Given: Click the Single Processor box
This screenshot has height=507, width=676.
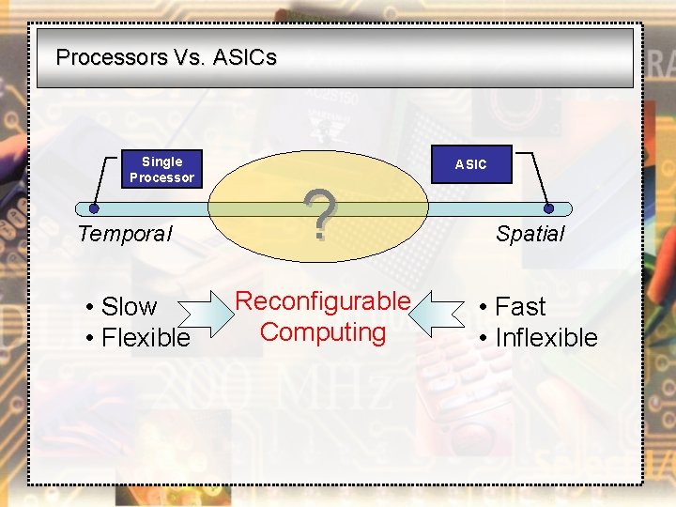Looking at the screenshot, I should tap(161, 169).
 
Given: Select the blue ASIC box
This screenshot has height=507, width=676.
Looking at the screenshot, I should tap(470, 164).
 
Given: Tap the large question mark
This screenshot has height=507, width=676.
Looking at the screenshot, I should tap(321, 215).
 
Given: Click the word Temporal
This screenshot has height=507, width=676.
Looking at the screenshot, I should tap(125, 234).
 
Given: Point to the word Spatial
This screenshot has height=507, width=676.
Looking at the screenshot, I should tap(530, 234).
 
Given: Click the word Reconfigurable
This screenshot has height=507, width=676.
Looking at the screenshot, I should tap(323, 301).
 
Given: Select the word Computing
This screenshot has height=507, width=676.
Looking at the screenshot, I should tap(323, 332).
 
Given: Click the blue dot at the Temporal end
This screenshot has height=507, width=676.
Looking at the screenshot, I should tap(94, 208).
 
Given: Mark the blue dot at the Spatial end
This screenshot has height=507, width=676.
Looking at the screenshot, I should tap(549, 208).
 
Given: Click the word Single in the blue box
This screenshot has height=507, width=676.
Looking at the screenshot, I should tap(161, 161).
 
